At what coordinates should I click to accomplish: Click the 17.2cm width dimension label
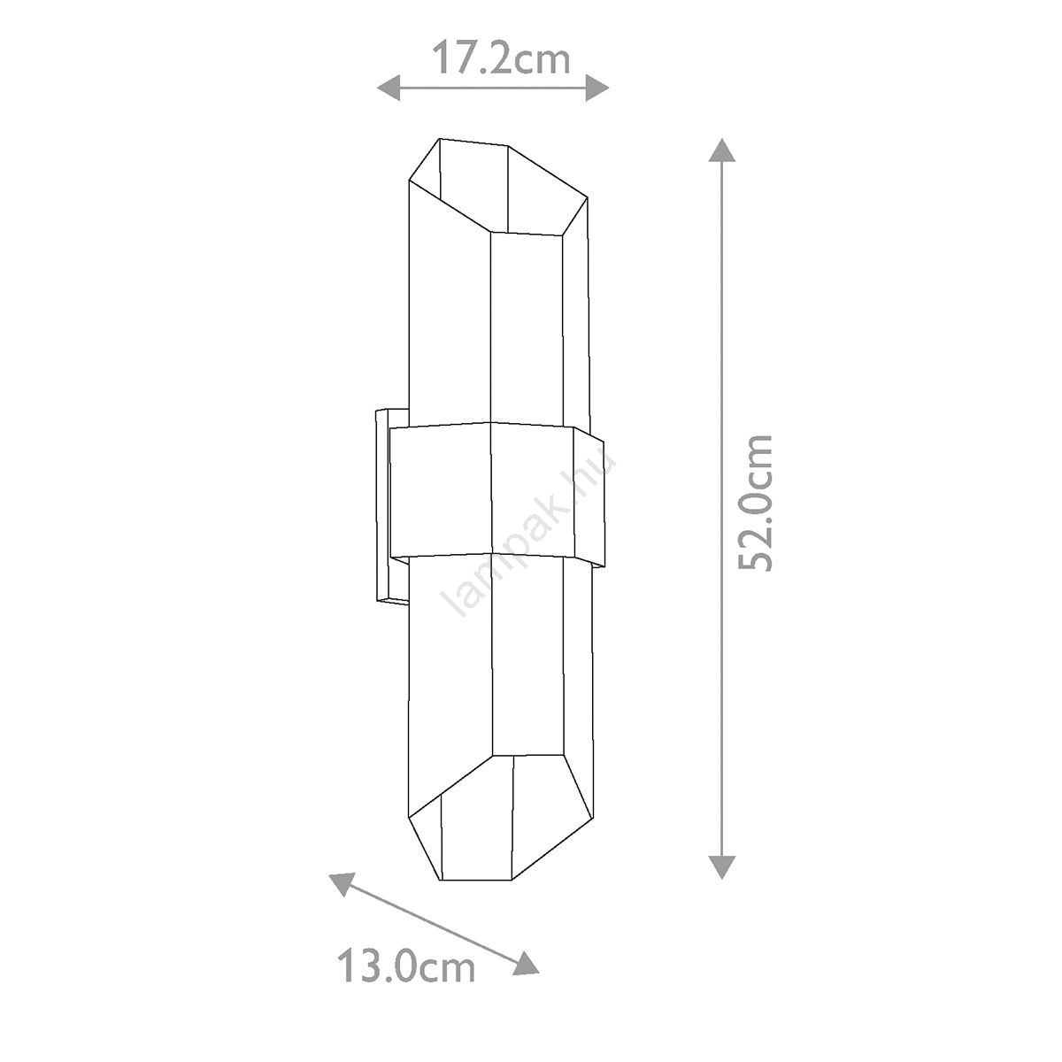pyautogui.click(x=500, y=59)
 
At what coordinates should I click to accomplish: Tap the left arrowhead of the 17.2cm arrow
pyautogui.click(x=389, y=88)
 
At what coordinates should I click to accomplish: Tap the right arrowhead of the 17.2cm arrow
pyautogui.click(x=597, y=88)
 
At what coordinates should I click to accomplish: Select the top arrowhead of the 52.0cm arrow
pyautogui.click(x=722, y=150)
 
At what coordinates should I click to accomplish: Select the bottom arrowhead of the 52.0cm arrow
pyautogui.click(x=722, y=867)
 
